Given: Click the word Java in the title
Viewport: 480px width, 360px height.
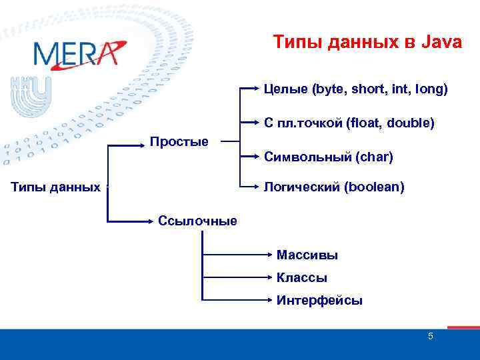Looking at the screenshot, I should click(441, 43).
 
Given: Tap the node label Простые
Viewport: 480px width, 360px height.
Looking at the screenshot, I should click(179, 141).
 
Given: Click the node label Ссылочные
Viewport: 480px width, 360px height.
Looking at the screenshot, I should click(197, 221).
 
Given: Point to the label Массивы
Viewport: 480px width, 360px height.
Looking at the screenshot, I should click(307, 255).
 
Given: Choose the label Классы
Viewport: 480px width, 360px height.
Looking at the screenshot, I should click(301, 278).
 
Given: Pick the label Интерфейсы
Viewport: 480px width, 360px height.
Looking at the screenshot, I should click(319, 301).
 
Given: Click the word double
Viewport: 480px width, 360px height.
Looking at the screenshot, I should click(411, 123).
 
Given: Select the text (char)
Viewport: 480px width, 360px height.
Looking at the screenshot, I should click(374, 157).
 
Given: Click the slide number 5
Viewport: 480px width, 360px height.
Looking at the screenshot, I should click(430, 336).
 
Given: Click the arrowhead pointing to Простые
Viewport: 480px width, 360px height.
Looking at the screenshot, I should click(144, 142).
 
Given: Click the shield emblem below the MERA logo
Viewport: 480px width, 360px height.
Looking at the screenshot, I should click(29, 97).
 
